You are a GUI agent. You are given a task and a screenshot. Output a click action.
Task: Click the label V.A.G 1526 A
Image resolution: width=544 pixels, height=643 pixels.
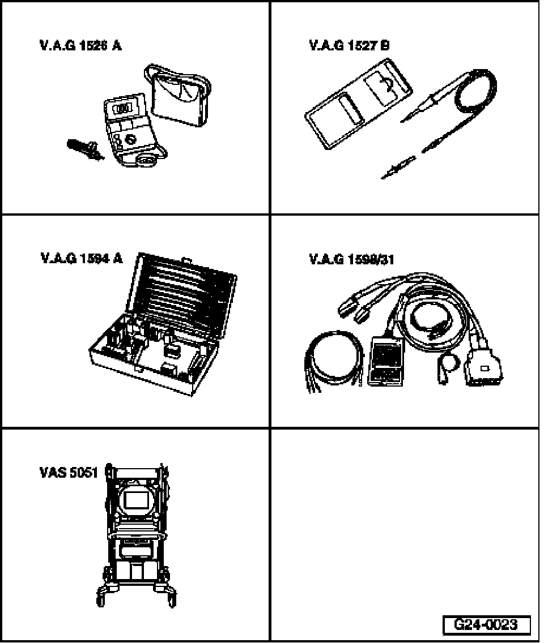click(x=80, y=46)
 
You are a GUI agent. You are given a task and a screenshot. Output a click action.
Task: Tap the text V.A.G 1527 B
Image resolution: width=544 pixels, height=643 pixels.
click(x=349, y=46)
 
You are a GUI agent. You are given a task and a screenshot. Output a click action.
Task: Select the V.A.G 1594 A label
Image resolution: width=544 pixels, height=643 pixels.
click(x=81, y=259)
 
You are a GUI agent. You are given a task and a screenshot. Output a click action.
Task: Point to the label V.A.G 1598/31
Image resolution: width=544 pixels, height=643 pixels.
click(x=351, y=260)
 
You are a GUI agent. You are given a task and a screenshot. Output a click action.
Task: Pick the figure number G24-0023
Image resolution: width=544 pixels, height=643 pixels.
click(x=486, y=625)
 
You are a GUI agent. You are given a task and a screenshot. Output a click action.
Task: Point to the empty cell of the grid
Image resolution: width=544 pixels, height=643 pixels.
click(x=405, y=521)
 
